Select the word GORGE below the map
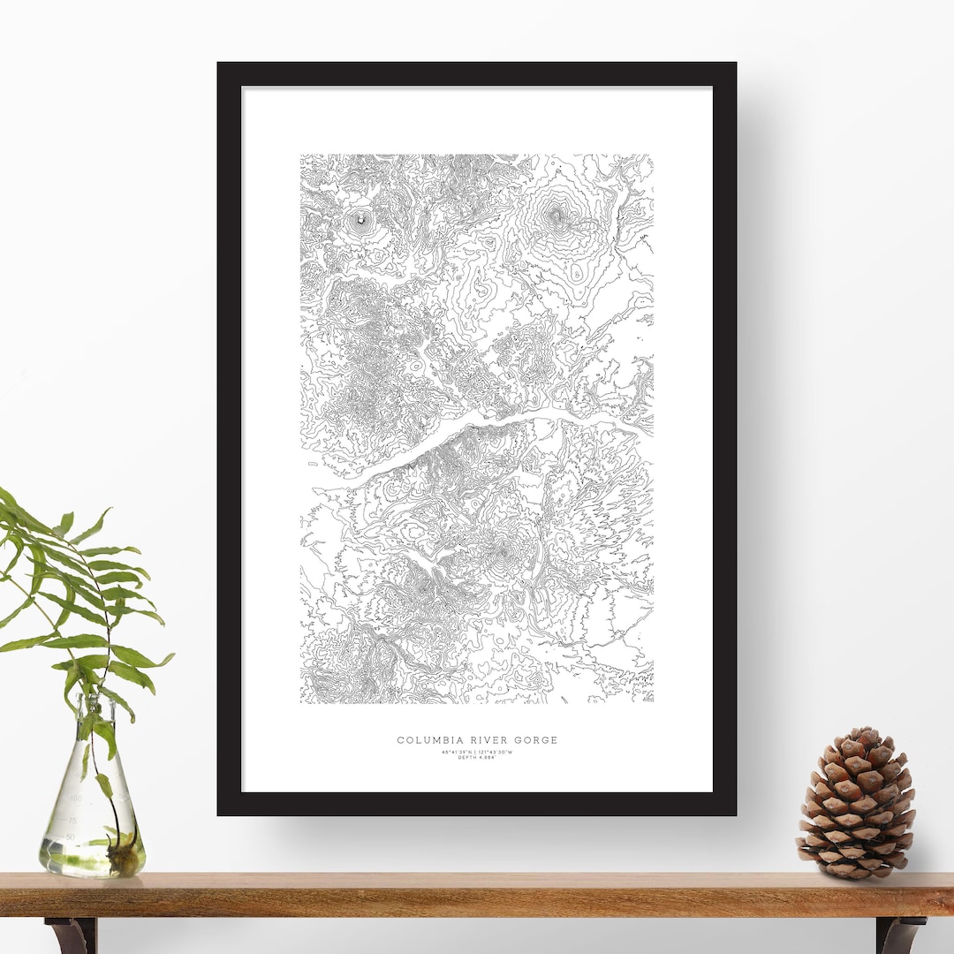[533, 740]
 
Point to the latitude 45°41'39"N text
[457, 752]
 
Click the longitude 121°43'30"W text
[496, 752]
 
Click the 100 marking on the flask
[76, 799]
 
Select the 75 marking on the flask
[72, 818]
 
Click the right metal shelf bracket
[899, 935]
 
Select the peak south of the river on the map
[502, 553]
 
